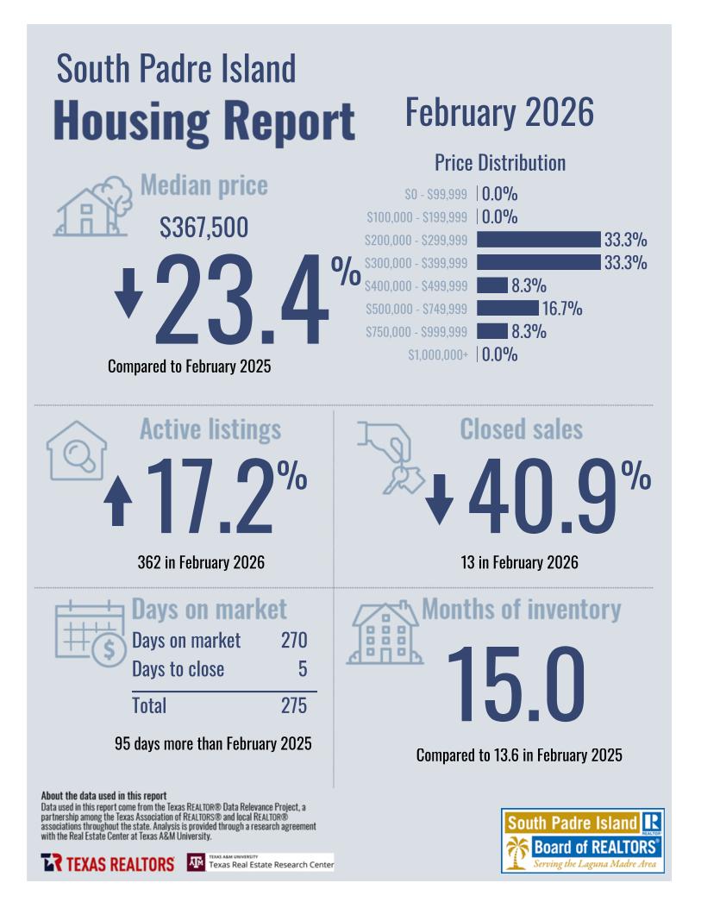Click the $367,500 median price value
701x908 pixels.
click(203, 228)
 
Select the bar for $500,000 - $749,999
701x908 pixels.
click(507, 308)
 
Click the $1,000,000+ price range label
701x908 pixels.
click(438, 354)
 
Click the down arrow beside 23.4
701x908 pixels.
click(129, 293)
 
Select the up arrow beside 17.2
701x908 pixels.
click(118, 503)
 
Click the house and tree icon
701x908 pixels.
click(89, 207)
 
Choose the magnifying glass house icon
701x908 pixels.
click(76, 451)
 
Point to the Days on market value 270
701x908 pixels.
click(293, 641)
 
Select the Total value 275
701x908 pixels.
click(293, 705)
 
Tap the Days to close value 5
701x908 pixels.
click(302, 669)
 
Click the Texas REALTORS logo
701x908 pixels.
click(107, 863)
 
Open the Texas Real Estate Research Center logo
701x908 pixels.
click(260, 862)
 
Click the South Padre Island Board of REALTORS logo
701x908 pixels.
click(582, 841)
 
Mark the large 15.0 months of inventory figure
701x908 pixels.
click(516, 684)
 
